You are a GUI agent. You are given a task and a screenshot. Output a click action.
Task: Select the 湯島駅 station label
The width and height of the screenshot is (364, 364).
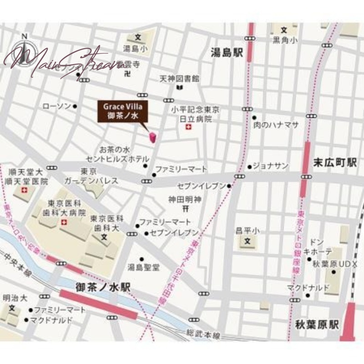[227, 53]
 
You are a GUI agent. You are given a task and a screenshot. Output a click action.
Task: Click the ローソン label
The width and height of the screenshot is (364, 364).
[56, 106]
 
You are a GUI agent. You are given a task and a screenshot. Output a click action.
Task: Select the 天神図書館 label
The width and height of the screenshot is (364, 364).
[179, 78]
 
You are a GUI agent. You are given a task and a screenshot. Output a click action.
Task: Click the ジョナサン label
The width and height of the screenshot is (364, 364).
[270, 167]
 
